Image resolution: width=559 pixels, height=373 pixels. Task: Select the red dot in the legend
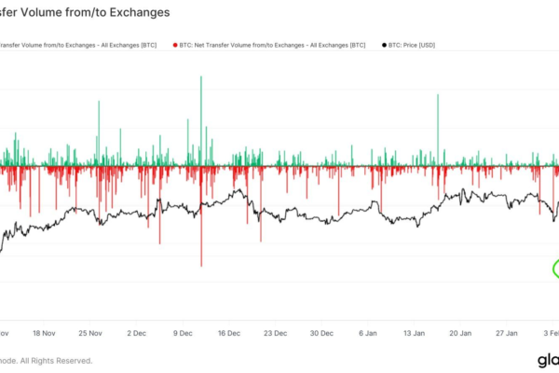(174, 44)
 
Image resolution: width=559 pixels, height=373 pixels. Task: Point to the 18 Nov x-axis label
(46, 332)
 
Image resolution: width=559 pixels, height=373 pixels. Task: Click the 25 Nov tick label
(91, 332)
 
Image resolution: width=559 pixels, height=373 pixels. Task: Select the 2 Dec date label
(137, 332)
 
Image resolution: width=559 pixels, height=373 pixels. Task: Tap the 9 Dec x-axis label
(183, 332)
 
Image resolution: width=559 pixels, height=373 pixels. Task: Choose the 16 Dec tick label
(228, 332)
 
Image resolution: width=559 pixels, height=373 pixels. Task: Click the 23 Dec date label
(275, 332)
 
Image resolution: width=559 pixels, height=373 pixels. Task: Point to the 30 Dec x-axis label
(320, 332)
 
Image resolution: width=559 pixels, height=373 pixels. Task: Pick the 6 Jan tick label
(365, 332)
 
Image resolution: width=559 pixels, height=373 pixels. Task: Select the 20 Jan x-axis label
(457, 332)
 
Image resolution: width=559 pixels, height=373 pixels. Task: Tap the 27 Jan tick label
(503, 332)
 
